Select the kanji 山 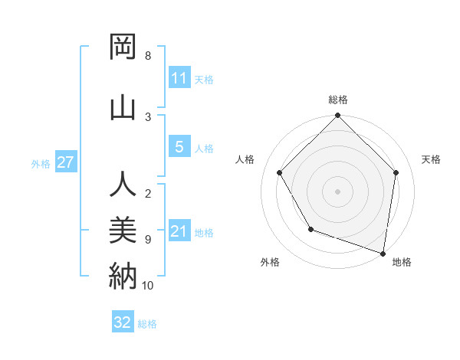coord(123,106)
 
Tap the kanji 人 coord(123,185)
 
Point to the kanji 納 coord(123,275)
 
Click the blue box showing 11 coord(179,78)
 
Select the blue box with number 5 coord(179,147)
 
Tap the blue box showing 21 coord(179,231)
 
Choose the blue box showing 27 coord(65,162)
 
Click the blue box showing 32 coord(123,322)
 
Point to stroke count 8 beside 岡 coord(148,56)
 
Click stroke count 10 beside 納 coord(148,286)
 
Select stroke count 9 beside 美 coord(148,240)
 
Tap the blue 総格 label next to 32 coord(147,324)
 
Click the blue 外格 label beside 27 coord(41,163)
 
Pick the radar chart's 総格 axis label coord(338,100)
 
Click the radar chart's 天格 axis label coord(431,159)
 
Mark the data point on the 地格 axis coord(383,253)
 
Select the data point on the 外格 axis coord(310,228)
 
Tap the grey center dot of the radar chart coord(338,191)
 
